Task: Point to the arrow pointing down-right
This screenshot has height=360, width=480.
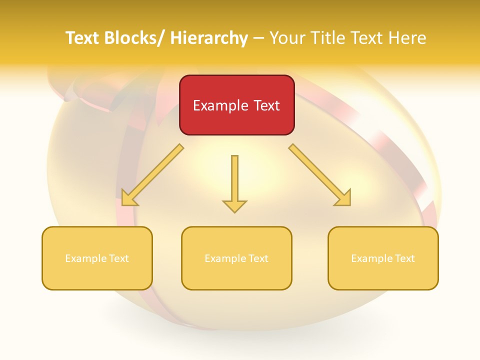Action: point(320,175)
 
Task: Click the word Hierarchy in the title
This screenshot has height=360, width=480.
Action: point(209,38)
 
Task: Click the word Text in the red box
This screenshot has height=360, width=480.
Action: point(265,105)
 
